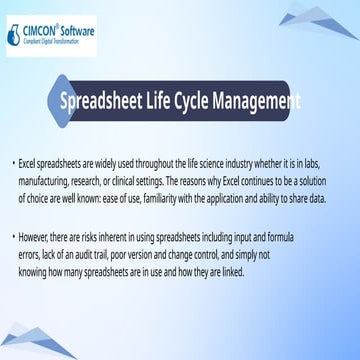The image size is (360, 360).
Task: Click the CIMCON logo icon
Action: click(15, 35)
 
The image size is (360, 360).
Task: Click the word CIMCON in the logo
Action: click(46, 31)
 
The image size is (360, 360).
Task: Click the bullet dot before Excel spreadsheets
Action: click(12, 161)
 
